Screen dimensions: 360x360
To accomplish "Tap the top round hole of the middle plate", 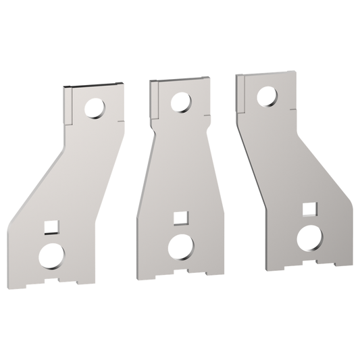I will [180, 103].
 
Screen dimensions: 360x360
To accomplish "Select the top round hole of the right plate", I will [265, 97].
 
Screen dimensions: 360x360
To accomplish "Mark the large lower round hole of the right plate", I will [311, 236].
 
